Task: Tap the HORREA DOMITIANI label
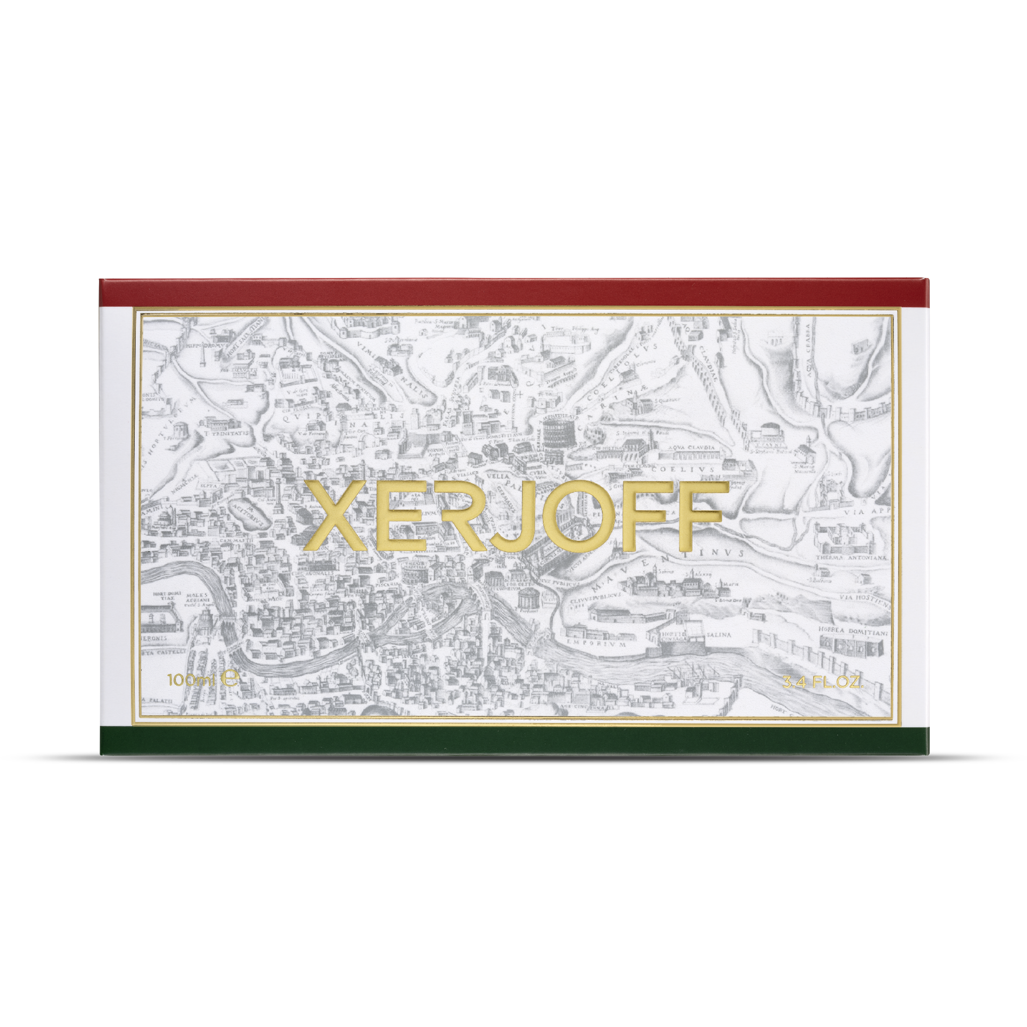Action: pos(853,631)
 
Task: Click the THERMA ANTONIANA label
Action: pos(851,557)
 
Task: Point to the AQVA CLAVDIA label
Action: pos(691,447)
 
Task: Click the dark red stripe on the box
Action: pos(513,293)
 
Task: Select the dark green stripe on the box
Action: pos(513,740)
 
